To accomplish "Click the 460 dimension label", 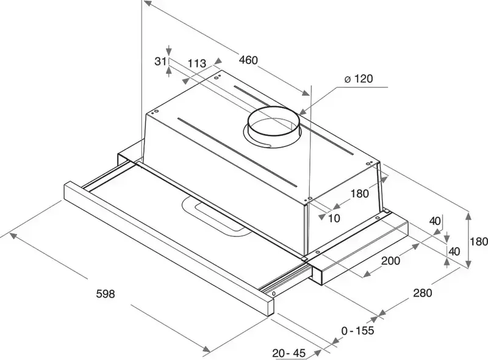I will click(248, 60).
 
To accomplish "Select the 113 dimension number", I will click(196, 63).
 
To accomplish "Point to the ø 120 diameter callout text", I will click(357, 79).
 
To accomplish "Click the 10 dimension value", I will click(334, 218).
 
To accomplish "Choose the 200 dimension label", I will click(390, 261).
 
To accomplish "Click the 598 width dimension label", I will click(106, 293).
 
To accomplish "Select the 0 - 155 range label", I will click(358, 330).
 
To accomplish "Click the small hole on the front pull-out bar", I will click(274, 293).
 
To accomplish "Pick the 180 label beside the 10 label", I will click(359, 194).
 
